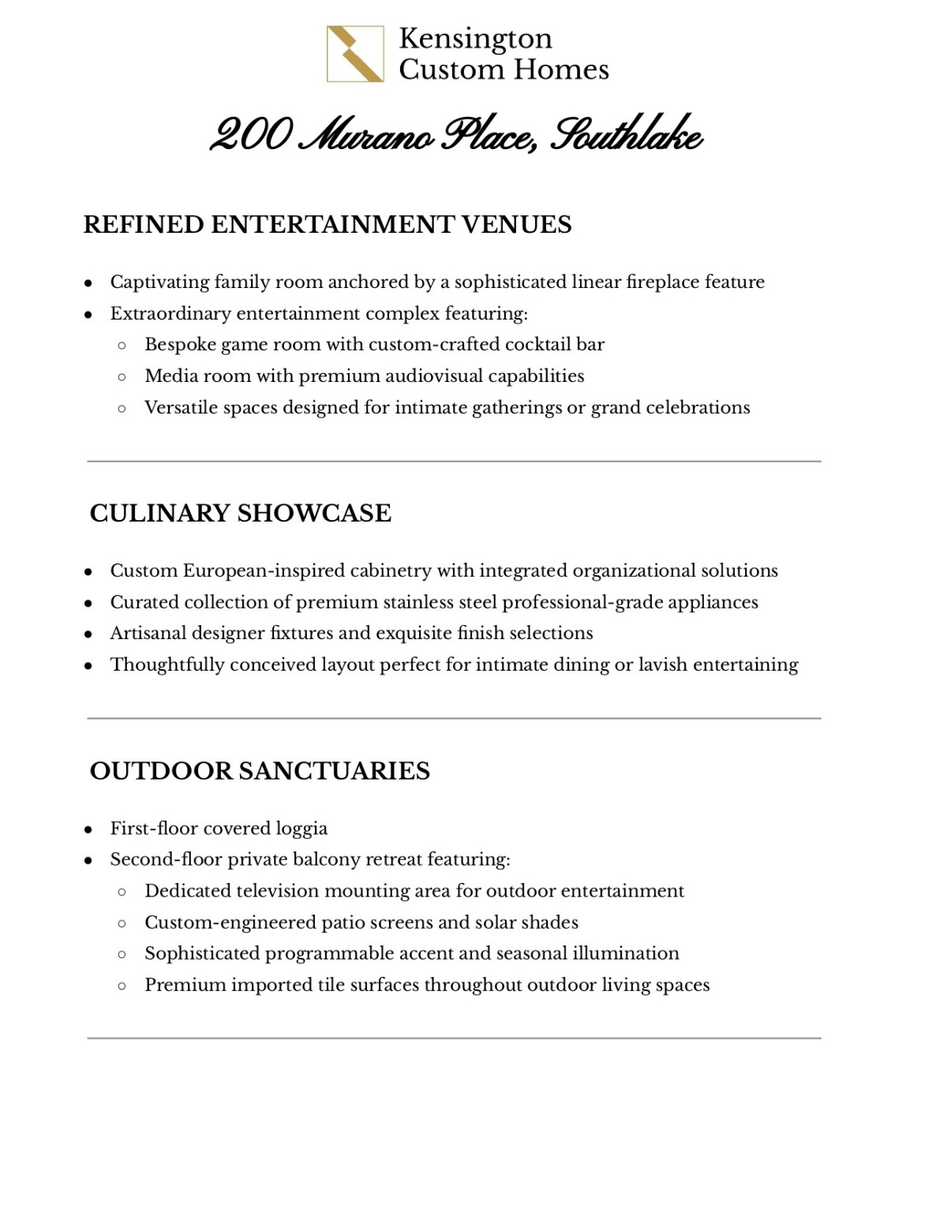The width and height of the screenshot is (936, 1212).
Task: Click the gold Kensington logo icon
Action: (x=355, y=54)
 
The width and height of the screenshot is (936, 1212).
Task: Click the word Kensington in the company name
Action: (x=475, y=39)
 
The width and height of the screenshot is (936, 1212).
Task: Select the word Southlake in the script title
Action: (x=625, y=136)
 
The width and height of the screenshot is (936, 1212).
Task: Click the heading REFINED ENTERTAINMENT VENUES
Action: (x=327, y=225)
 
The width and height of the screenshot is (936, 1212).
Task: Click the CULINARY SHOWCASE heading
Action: (x=240, y=513)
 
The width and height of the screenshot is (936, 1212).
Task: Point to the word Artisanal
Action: (x=148, y=633)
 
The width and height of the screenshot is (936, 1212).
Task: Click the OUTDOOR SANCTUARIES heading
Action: (x=260, y=771)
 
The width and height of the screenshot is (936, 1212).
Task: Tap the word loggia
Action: (x=301, y=829)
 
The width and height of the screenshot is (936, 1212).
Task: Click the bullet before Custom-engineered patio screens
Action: (x=122, y=922)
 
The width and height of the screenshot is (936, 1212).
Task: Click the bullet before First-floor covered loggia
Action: (x=88, y=829)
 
